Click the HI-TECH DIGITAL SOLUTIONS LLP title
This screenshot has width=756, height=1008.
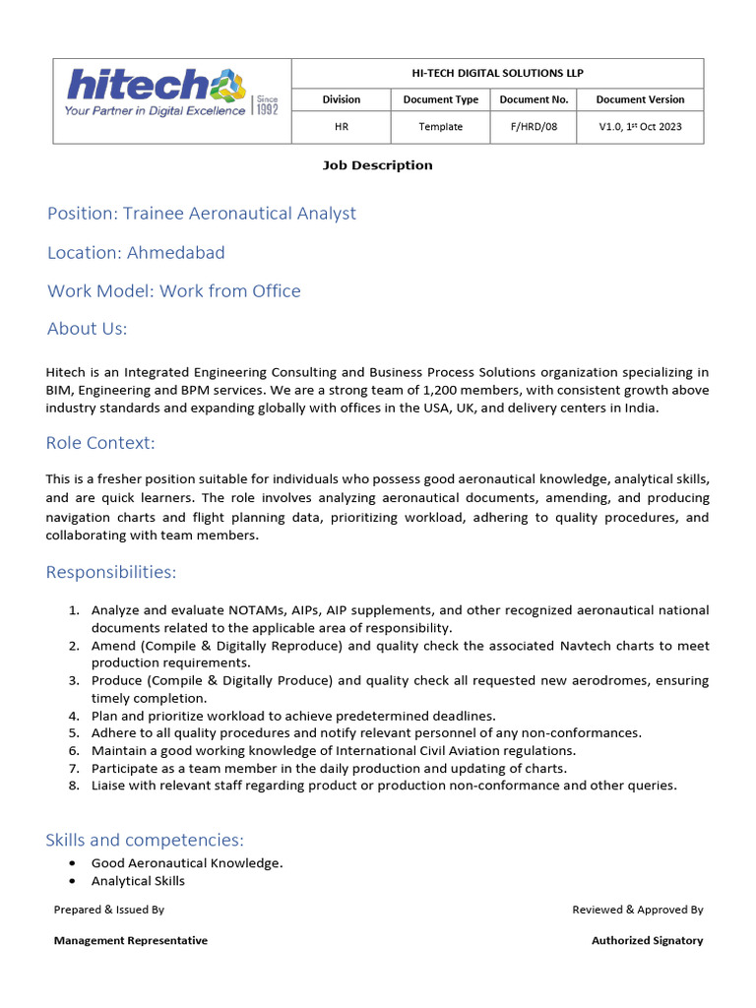click(497, 73)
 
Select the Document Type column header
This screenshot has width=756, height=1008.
click(440, 99)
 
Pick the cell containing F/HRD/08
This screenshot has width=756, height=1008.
click(533, 127)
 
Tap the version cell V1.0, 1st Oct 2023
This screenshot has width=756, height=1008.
click(640, 127)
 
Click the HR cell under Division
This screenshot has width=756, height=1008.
click(342, 127)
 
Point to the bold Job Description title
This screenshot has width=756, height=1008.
click(377, 165)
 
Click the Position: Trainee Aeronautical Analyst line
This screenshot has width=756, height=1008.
click(202, 214)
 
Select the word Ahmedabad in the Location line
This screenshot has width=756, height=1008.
click(175, 253)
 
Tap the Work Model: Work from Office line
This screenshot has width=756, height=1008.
click(174, 291)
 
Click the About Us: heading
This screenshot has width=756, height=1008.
click(87, 329)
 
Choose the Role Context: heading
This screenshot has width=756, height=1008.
click(100, 443)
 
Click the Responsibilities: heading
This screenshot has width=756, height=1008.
click(111, 573)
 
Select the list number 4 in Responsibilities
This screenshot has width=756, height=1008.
click(74, 716)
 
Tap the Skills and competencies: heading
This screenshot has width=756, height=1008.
click(145, 840)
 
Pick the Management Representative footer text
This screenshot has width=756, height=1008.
click(130, 941)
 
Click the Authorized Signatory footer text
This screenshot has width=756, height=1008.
click(647, 941)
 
